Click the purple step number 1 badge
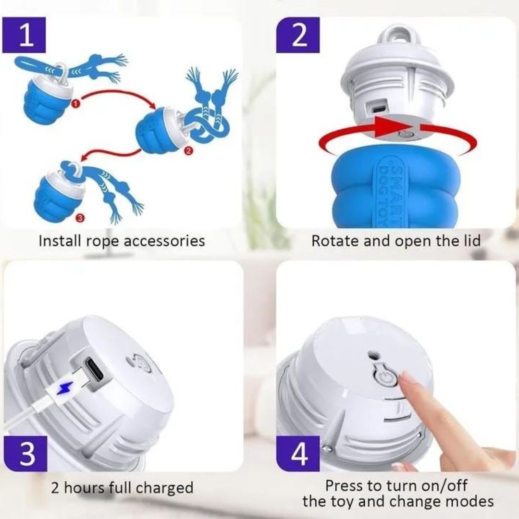24,35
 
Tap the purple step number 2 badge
298,35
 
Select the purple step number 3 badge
25,454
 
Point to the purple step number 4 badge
298,454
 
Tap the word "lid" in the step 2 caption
472,240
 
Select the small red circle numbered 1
76,104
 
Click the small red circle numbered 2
188,151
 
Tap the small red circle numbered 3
80,218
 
